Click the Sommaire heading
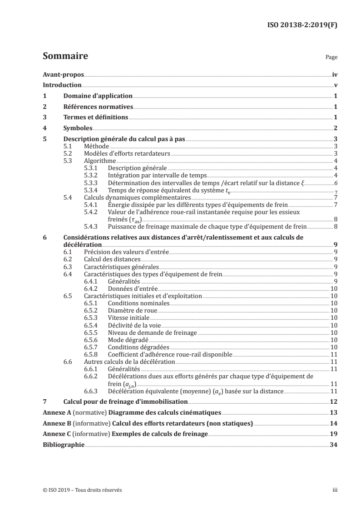click(65, 57)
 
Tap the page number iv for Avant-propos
click(335, 74)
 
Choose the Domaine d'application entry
click(98, 96)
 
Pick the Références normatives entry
click(98, 107)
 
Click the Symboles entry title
click(78, 128)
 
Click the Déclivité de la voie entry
click(134, 325)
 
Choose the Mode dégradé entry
click(127, 339)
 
